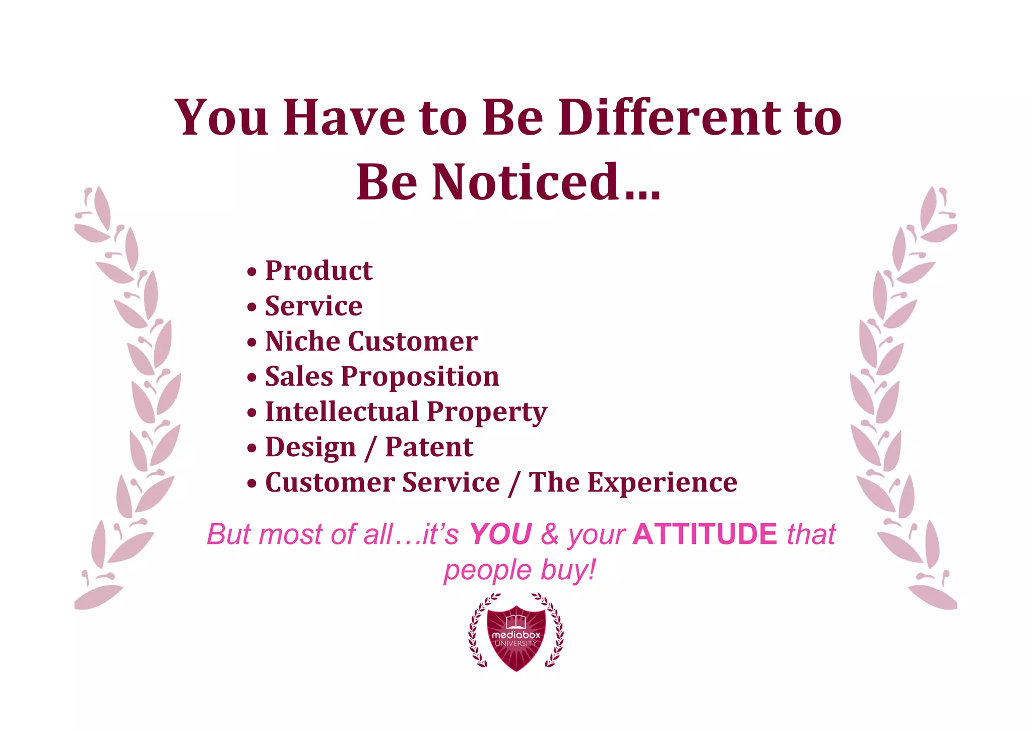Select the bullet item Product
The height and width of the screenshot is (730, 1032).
318,271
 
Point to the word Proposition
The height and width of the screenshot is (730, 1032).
420,377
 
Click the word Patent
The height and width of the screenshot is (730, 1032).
429,447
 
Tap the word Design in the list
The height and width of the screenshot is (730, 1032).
310,447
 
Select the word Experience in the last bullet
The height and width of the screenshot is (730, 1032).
662,482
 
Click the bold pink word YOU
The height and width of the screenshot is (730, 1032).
500,534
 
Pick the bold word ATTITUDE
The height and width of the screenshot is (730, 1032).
705,534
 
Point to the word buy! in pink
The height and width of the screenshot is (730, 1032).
568,570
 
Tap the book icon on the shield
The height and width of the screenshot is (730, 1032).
516,621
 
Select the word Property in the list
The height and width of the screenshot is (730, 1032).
487,412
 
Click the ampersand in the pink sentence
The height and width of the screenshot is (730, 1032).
550,534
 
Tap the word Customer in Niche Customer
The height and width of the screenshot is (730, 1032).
413,341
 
